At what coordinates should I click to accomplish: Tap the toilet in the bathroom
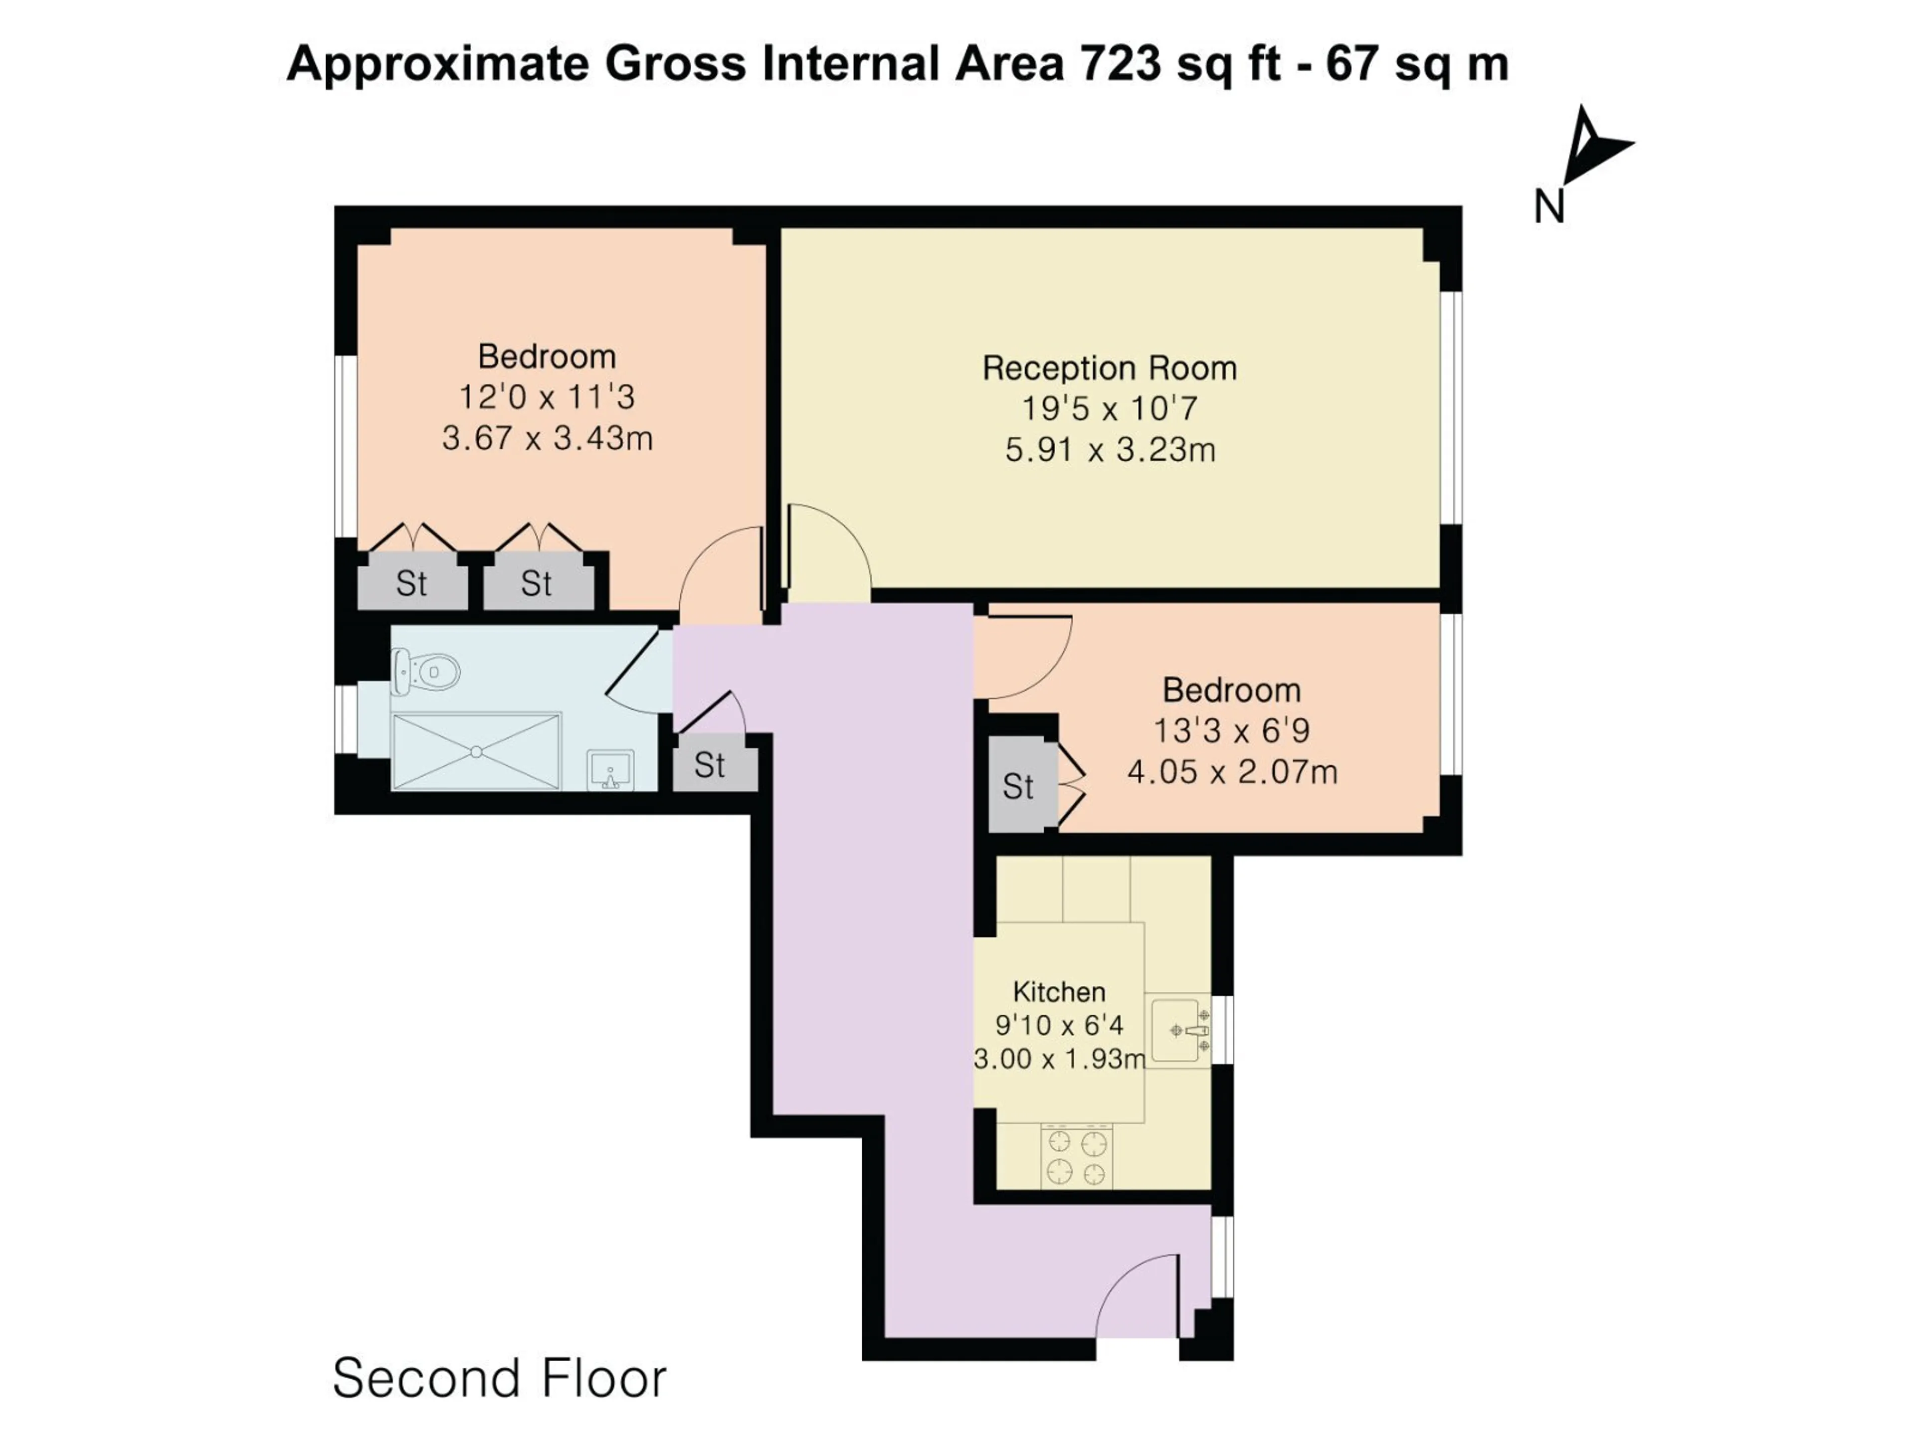click(424, 672)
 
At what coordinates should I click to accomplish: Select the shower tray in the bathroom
click(477, 751)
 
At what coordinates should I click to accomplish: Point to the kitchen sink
click(1181, 1030)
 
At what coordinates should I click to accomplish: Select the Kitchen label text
click(1059, 991)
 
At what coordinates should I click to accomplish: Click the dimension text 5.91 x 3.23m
click(1110, 450)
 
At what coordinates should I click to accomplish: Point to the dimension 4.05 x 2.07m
click(1232, 771)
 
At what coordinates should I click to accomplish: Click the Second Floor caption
click(500, 1378)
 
